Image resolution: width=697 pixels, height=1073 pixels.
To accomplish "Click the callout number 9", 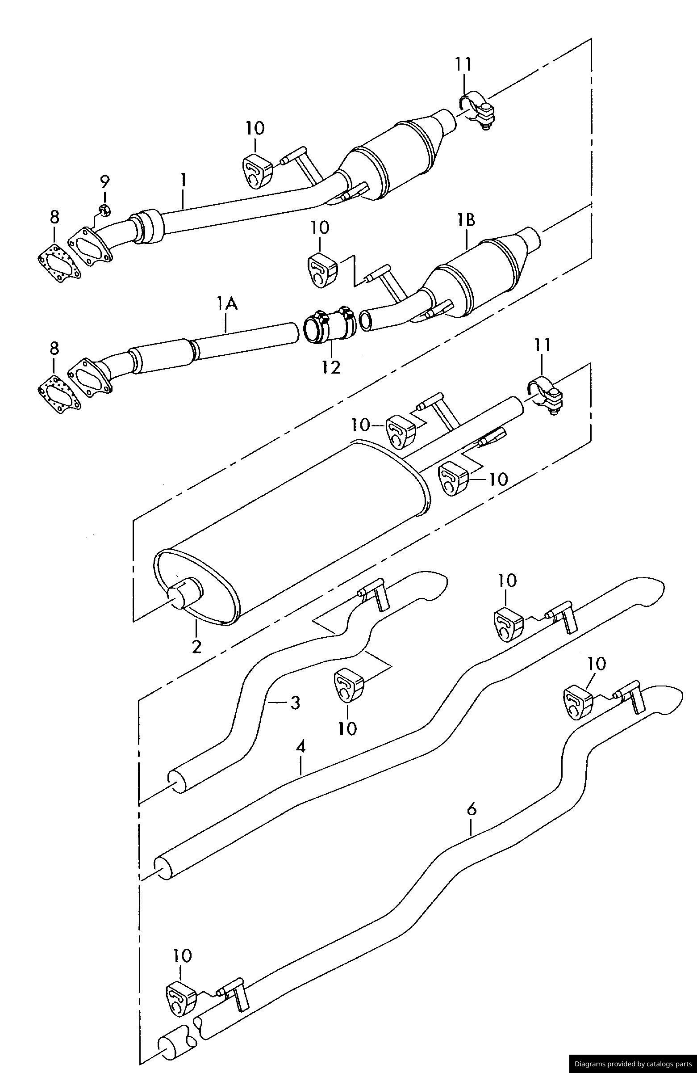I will [x=104, y=182].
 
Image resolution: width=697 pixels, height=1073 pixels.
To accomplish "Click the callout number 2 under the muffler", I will [x=196, y=646].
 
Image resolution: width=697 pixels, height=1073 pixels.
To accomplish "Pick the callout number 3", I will [x=295, y=703].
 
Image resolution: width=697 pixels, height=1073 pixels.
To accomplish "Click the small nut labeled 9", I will [x=105, y=210].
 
